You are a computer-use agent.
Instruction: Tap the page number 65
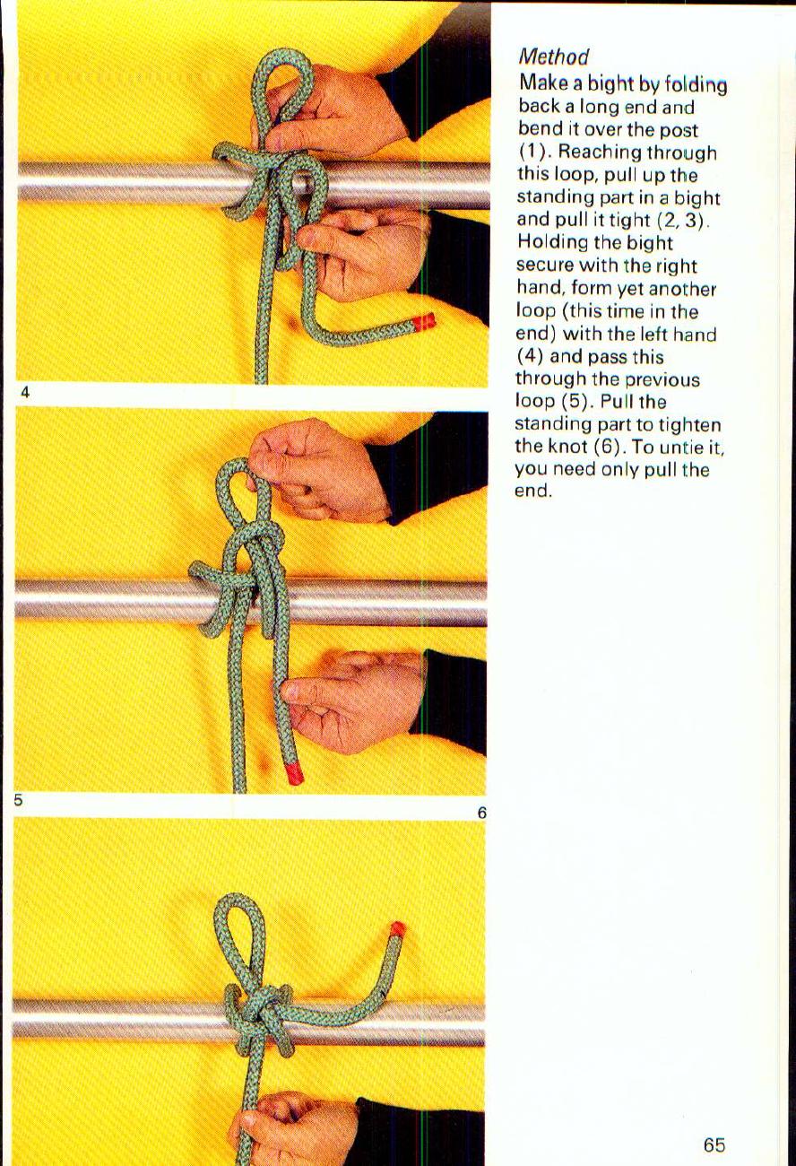point(714,1145)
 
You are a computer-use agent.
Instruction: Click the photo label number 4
point(25,392)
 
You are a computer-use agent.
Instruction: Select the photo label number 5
point(18,800)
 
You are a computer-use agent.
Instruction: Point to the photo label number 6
point(481,814)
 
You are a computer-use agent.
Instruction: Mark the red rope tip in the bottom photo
point(397,929)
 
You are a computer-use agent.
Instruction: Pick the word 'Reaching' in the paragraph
point(593,152)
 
